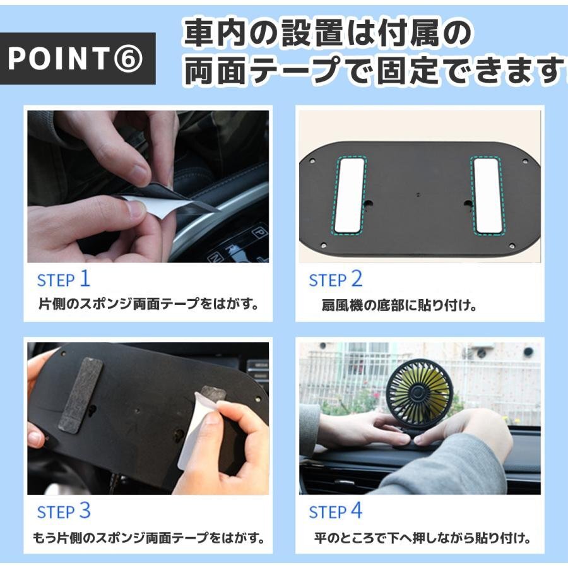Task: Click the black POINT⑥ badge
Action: tap(78, 58)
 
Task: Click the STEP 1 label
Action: tap(63, 280)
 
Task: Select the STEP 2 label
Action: tap(336, 280)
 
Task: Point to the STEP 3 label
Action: tap(64, 511)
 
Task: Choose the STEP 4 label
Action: tap(336, 511)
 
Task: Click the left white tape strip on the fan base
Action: tap(350, 196)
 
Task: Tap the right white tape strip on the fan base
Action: tap(488, 196)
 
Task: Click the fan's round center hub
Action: tap(417, 393)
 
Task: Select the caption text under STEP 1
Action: tap(149, 304)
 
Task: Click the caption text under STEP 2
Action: tap(399, 305)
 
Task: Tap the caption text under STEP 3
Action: tap(149, 538)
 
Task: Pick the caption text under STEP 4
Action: tap(422, 538)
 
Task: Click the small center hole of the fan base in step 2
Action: tap(418, 195)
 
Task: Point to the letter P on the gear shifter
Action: tap(259, 232)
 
